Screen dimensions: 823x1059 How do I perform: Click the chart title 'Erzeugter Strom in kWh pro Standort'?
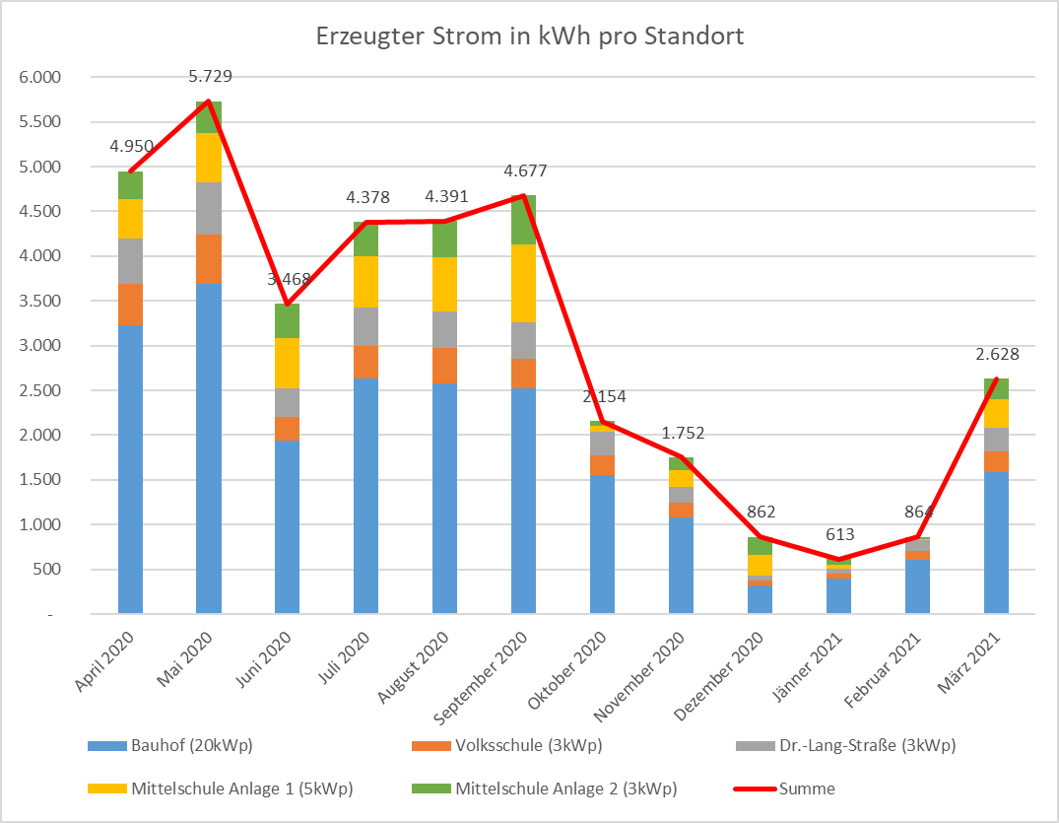[x=529, y=37]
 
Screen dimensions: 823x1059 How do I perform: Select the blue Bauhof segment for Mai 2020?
[x=209, y=448]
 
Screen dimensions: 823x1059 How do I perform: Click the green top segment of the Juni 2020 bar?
[x=288, y=321]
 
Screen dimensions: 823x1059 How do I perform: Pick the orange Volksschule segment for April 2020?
[x=131, y=304]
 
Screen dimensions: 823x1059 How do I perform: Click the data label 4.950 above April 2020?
[x=131, y=146]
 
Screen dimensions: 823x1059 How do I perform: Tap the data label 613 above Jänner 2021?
[x=839, y=535]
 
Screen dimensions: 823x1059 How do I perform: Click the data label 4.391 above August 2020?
[x=445, y=197]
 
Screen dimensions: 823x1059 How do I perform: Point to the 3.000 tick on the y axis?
[x=40, y=346]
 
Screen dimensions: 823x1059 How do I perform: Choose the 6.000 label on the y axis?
[x=40, y=78]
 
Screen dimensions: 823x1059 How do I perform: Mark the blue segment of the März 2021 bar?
[x=997, y=543]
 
